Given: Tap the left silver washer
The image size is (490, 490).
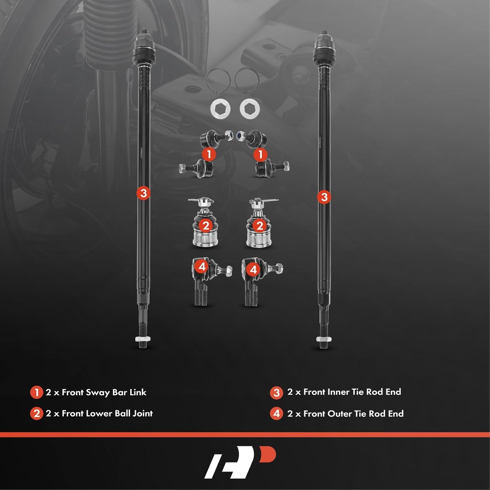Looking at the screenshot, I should [x=220, y=108].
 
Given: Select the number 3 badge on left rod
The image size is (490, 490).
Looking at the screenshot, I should [x=143, y=193].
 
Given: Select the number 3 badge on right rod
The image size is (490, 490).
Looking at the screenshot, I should [x=324, y=197].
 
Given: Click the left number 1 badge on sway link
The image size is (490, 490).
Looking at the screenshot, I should [x=209, y=154].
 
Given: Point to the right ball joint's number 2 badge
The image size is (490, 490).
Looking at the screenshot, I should [x=260, y=226].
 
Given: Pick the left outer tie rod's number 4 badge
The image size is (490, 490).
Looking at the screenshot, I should [x=202, y=267].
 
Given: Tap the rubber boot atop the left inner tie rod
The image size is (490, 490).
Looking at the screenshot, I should [x=144, y=47].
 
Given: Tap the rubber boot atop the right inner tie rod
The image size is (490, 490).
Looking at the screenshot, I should [x=324, y=47].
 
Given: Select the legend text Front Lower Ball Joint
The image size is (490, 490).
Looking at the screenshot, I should [x=107, y=414].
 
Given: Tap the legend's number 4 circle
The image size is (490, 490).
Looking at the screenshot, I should [x=276, y=414].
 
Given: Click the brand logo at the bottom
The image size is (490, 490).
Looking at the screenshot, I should [x=240, y=462].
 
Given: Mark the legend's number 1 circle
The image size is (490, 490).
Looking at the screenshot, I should [x=36, y=393].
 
